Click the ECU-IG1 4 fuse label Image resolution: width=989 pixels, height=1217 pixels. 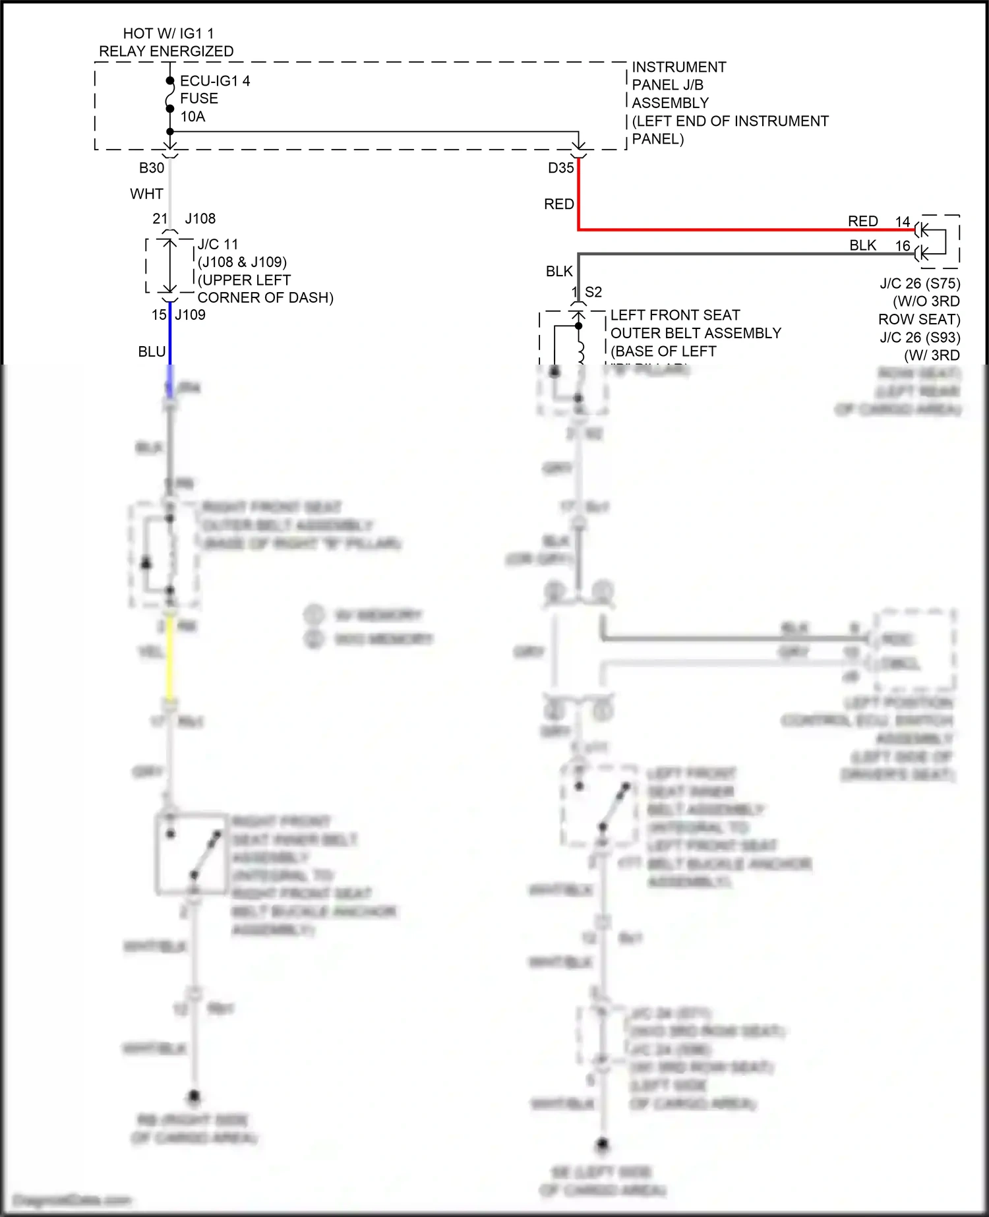(215, 81)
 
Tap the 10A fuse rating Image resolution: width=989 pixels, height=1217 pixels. (193, 117)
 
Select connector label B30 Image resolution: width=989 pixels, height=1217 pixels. (152, 168)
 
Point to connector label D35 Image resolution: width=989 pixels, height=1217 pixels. (561, 168)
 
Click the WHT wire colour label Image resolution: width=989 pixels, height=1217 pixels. (146, 194)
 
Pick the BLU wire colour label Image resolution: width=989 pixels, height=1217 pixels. (152, 352)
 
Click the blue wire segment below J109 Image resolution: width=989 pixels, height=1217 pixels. (170, 336)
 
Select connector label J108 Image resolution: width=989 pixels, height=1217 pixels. (200, 219)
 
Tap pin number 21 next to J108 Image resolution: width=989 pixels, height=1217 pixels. (160, 219)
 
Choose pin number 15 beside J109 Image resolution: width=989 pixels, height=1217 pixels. (159, 315)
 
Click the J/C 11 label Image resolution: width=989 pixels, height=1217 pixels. (218, 245)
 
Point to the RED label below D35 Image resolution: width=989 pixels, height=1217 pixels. (559, 204)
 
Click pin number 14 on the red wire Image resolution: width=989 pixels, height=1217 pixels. (903, 222)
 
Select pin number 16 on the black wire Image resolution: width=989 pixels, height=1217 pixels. (903, 247)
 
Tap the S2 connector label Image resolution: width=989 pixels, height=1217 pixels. (593, 292)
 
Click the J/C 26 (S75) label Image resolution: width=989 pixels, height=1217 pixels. (920, 283)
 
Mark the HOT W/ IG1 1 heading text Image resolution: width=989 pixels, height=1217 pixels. (168, 34)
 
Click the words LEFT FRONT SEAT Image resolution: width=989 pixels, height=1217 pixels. (675, 315)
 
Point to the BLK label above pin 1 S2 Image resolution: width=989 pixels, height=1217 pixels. (559, 272)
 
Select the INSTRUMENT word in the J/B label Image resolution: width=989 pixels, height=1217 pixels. (679, 67)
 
